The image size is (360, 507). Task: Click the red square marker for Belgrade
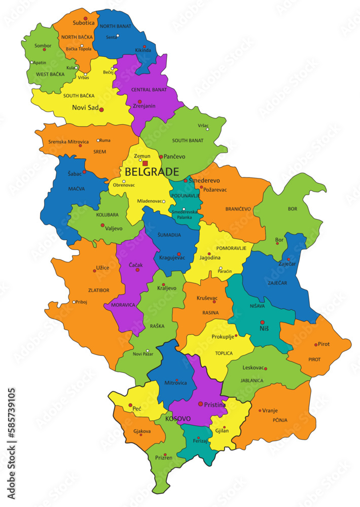tap(145, 163)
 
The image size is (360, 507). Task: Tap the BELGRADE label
tap(152, 172)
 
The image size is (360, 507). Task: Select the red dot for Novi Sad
tap(101, 110)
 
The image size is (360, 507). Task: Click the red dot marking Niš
tap(263, 322)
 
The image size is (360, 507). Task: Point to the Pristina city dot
tap(201, 404)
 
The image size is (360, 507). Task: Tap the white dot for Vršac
tap(207, 129)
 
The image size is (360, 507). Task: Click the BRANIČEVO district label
tap(238, 208)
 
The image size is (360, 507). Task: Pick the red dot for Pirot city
tap(316, 345)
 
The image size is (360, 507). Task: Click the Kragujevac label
tap(172, 258)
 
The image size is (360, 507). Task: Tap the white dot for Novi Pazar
tap(148, 351)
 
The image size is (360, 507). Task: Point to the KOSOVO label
tap(177, 419)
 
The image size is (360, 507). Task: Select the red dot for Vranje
tap(260, 411)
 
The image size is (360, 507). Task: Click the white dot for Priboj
tap(74, 302)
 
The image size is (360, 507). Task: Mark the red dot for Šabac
tap(84, 172)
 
